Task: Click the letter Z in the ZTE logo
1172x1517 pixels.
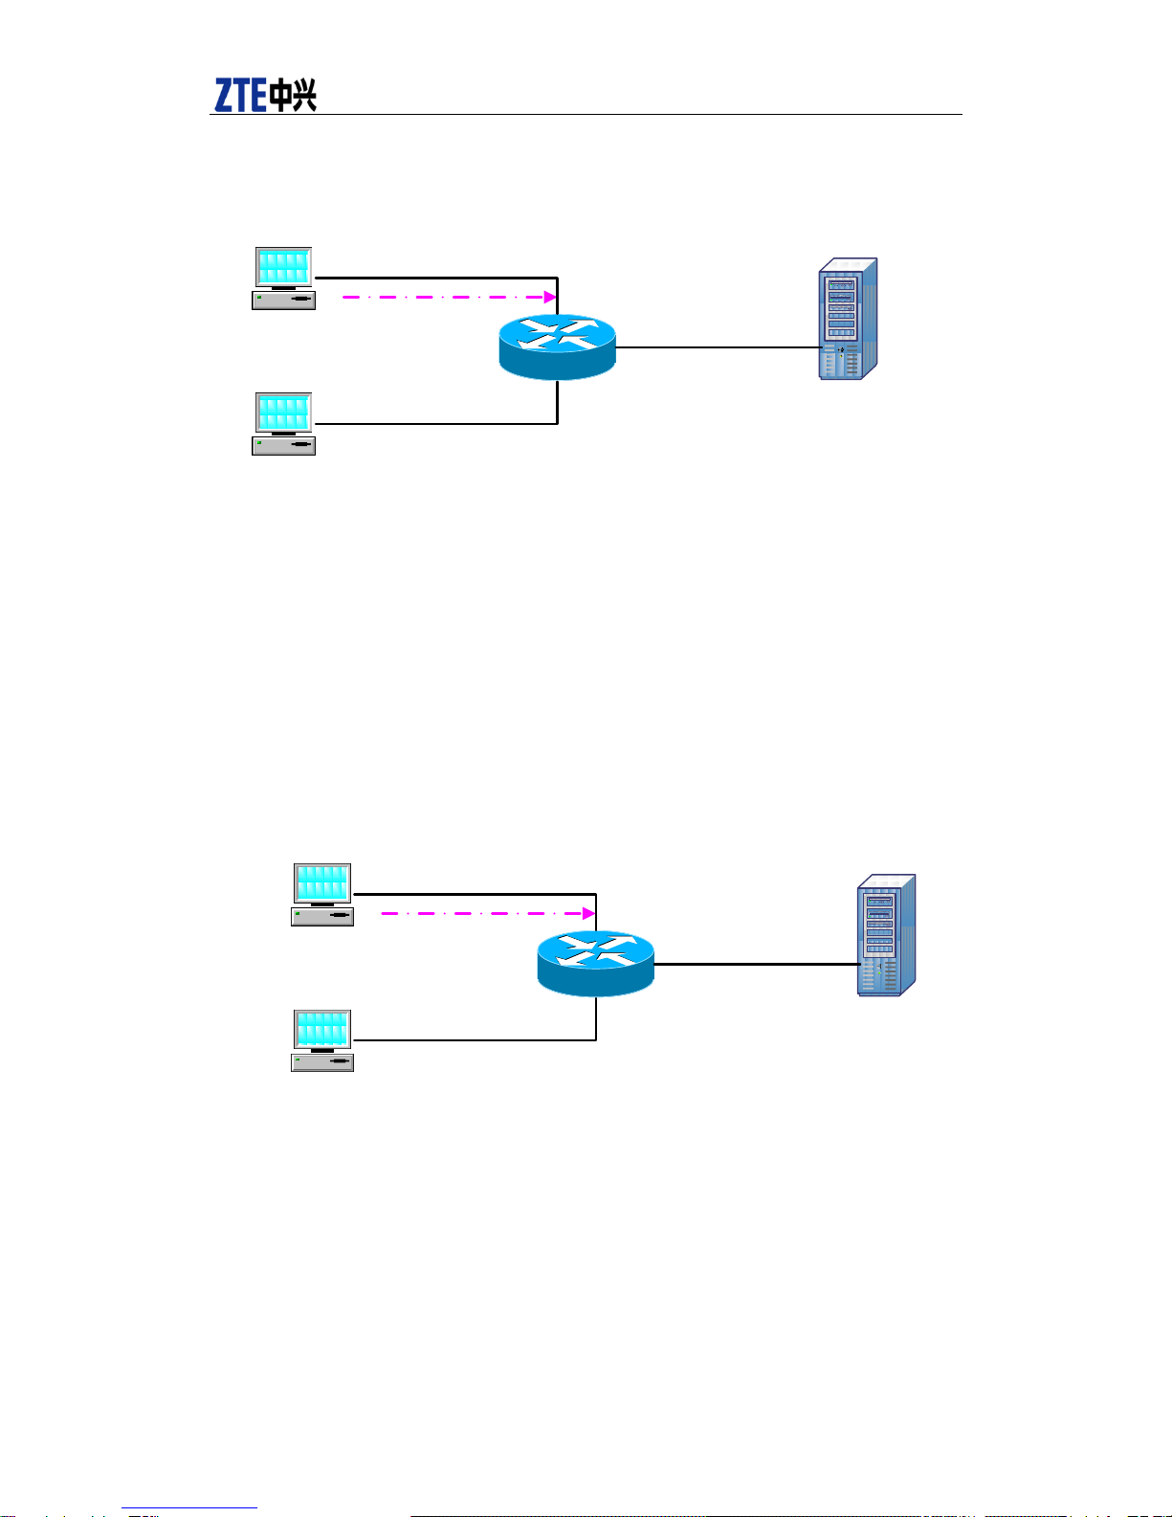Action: (x=224, y=95)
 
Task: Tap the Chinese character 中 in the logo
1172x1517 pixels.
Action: (x=281, y=96)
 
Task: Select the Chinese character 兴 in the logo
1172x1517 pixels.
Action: (x=305, y=95)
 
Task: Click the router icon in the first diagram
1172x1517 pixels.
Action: (x=558, y=347)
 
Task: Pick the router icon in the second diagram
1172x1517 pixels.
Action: (x=596, y=964)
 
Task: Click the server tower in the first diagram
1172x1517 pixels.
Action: (x=848, y=319)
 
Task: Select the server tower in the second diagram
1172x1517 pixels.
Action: (x=886, y=935)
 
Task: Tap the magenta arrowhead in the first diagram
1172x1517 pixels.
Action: (x=550, y=297)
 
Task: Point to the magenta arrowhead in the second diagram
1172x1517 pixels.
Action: (x=588, y=913)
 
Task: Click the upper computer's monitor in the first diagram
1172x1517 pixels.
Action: (x=283, y=267)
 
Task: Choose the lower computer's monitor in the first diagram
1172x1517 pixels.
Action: (x=283, y=413)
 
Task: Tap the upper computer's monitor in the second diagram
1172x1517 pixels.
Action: (x=322, y=883)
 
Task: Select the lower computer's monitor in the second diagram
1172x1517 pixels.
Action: (x=322, y=1031)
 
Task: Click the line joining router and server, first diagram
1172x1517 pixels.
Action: (x=718, y=347)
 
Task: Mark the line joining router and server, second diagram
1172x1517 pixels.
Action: (x=756, y=964)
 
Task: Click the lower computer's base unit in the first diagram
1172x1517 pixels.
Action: (x=283, y=445)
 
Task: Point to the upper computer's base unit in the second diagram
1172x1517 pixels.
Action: (x=322, y=916)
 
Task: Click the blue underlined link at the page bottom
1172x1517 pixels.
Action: (x=189, y=1508)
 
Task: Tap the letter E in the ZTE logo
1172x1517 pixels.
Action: (x=258, y=95)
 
